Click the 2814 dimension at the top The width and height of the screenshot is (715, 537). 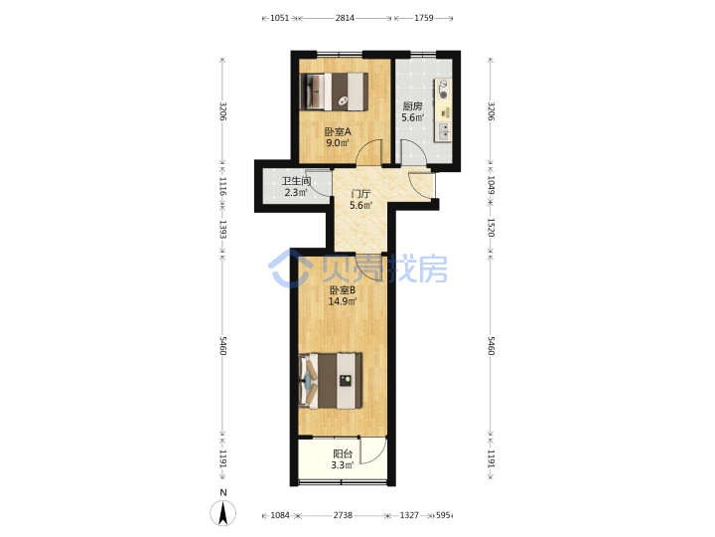pyautogui.click(x=345, y=18)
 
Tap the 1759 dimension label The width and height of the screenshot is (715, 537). pyautogui.click(x=424, y=18)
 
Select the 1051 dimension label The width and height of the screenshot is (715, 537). pyautogui.click(x=279, y=18)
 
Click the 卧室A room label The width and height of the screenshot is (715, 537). pyautogui.click(x=338, y=132)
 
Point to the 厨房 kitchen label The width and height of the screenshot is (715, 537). pyautogui.click(x=412, y=106)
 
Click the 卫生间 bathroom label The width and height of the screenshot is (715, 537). pyautogui.click(x=296, y=181)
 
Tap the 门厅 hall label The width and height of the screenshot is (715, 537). pyautogui.click(x=360, y=194)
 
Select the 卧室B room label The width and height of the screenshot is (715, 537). pyautogui.click(x=343, y=290)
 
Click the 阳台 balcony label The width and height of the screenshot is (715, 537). pyautogui.click(x=343, y=453)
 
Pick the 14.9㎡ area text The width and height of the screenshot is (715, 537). pyautogui.click(x=343, y=301)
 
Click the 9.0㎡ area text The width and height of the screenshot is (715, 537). pyautogui.click(x=338, y=143)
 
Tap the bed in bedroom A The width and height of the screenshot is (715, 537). pyautogui.click(x=335, y=91)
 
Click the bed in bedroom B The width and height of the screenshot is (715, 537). pyautogui.click(x=331, y=380)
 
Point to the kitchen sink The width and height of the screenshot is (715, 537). pyautogui.click(x=443, y=131)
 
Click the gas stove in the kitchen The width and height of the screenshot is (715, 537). pyautogui.click(x=443, y=89)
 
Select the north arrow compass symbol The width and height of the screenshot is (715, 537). pyautogui.click(x=223, y=512)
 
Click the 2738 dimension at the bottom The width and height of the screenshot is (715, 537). pyautogui.click(x=343, y=515)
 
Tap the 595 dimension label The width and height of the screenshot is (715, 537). pyautogui.click(x=443, y=515)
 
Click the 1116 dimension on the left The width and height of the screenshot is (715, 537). pyautogui.click(x=223, y=186)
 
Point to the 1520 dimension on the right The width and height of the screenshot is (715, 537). pyautogui.click(x=491, y=228)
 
